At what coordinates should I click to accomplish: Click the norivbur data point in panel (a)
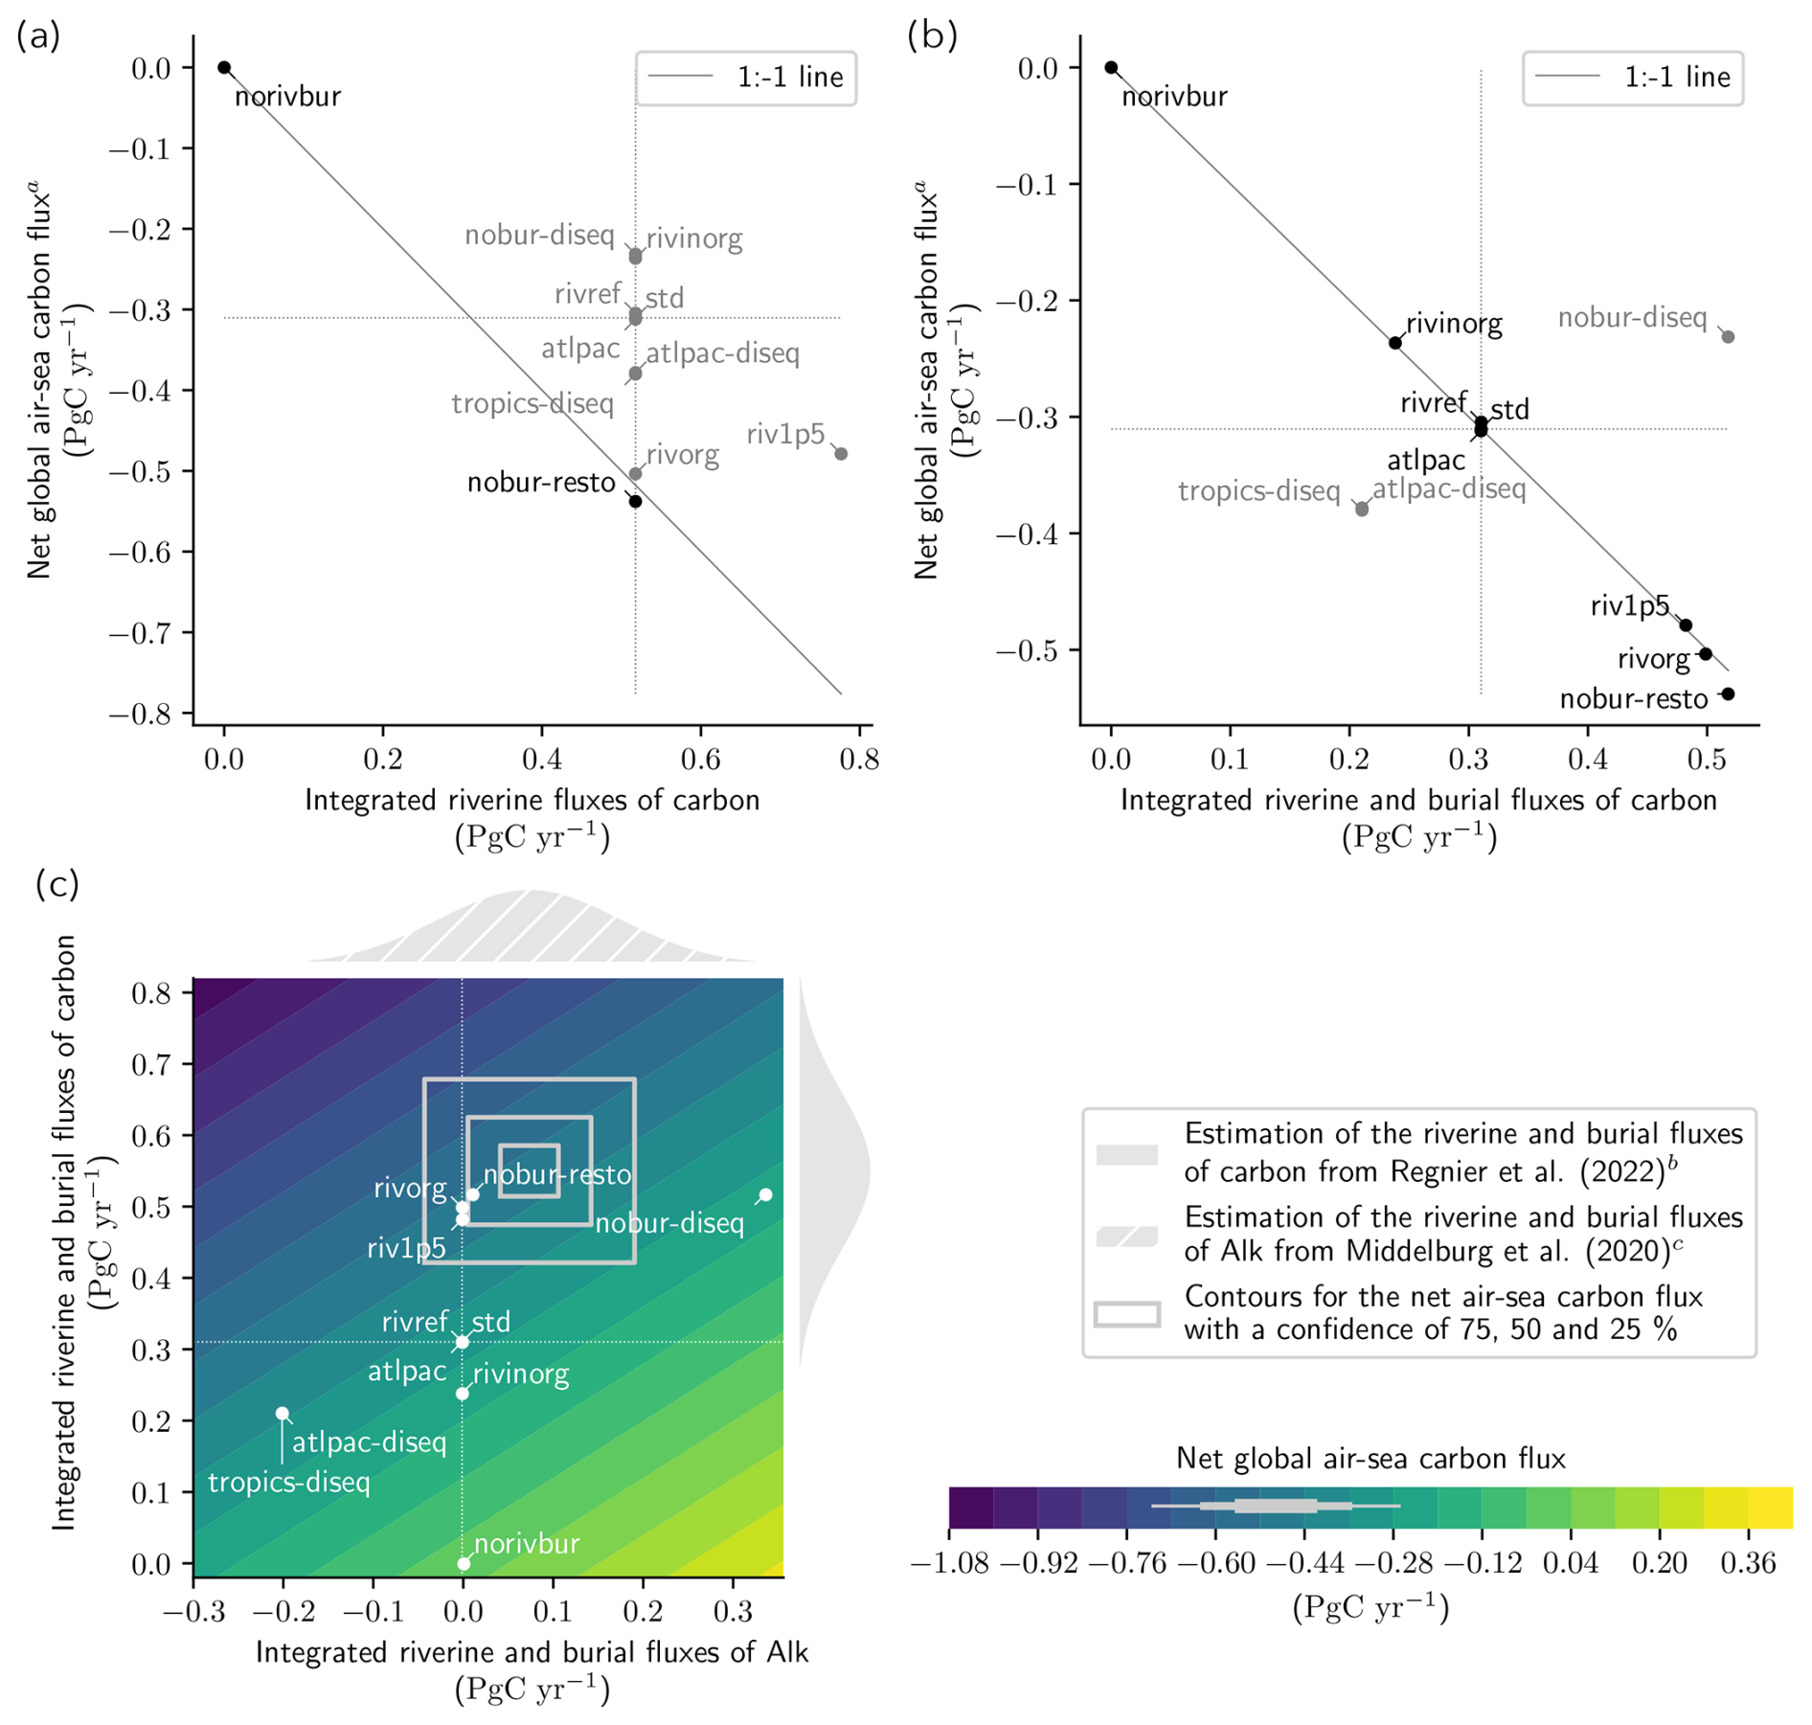coord(224,68)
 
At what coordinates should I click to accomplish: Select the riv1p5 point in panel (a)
coord(841,454)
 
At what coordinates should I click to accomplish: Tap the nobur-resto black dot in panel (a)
coord(635,501)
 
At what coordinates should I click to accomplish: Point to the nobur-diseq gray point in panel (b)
coord(1728,337)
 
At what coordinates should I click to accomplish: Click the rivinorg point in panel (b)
coord(1395,343)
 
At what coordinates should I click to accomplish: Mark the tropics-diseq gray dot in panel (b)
coord(1362,510)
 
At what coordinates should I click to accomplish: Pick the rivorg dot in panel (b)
coord(1706,654)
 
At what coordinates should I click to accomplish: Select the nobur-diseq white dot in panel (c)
coord(765,1195)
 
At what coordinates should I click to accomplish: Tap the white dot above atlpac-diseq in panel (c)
coord(283,1414)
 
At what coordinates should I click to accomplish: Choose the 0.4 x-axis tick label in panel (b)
coord(1588,760)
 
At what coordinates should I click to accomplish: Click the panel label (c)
coord(57,883)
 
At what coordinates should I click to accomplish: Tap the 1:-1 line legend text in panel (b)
coord(1677,77)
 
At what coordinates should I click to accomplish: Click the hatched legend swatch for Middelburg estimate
coord(1126,1236)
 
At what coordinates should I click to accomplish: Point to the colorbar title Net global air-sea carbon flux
coord(1370,1458)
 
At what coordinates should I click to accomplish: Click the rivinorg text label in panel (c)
coord(521,1374)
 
